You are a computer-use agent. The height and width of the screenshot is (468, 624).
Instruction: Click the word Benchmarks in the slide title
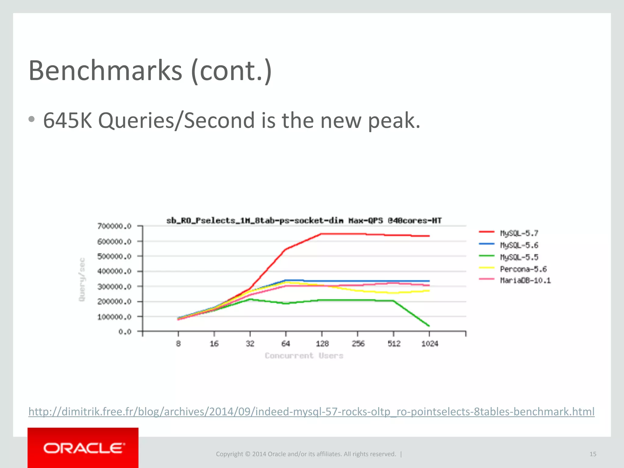pos(105,71)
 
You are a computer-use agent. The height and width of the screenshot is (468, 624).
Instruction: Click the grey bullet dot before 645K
pos(32,119)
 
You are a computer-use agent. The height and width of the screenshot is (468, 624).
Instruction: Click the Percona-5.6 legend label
pos(523,269)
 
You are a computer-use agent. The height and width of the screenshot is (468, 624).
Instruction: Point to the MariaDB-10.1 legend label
pos(525,280)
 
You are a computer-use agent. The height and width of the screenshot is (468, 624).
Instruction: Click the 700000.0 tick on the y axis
pos(114,226)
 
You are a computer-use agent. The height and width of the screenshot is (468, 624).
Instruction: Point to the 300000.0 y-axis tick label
pos(114,286)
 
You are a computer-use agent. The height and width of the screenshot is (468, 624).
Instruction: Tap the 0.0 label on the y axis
pos(125,331)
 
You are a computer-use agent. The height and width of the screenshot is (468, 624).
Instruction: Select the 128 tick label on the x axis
pos(322,344)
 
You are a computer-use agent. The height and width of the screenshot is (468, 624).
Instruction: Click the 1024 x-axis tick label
pos(430,344)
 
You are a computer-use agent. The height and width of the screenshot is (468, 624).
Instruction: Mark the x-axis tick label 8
pos(178,344)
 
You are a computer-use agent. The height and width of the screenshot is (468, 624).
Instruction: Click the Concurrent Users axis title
pos(304,356)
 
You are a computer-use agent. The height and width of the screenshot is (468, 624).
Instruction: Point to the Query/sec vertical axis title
pos(82,279)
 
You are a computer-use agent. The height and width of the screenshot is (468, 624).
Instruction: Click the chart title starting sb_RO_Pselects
pos(304,220)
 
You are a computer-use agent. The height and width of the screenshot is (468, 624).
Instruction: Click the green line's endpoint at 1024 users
pos(429,326)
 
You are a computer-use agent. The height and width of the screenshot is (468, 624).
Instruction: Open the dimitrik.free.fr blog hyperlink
pos(311,412)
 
